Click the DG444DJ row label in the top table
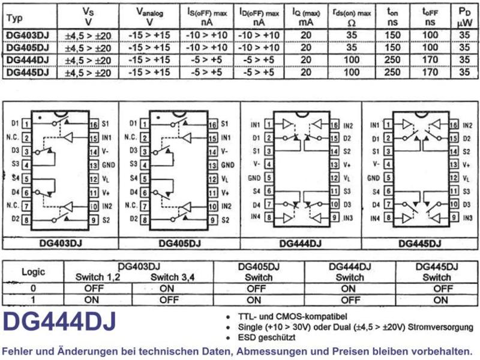coord(28,60)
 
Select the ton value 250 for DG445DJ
coord(392,72)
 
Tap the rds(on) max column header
coord(352,17)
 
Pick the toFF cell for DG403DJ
coord(430,35)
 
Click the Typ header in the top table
coord(14,18)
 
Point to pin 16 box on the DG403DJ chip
coord(94,124)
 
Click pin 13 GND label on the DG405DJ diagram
coord(228,166)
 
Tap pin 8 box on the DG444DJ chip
coord(269,218)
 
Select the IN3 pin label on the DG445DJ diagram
coord(467,218)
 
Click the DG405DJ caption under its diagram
coord(179,244)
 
